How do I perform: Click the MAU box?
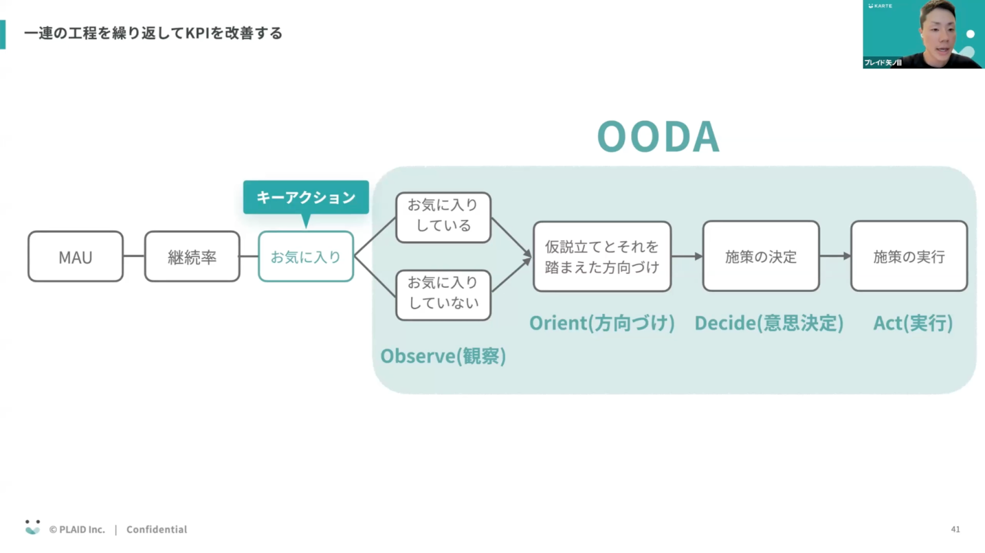(75, 257)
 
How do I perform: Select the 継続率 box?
(192, 257)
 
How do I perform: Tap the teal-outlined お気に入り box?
(305, 257)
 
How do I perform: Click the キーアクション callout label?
(306, 197)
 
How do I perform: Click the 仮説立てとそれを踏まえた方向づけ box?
(601, 256)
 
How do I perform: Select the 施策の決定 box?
(761, 256)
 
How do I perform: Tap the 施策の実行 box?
(909, 256)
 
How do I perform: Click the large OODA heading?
(658, 136)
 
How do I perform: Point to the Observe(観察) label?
(443, 356)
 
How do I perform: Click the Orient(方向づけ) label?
(601, 323)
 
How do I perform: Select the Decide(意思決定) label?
(768, 323)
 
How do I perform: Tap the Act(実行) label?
(912, 323)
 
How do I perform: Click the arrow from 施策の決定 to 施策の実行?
(835, 256)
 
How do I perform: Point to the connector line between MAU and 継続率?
(134, 256)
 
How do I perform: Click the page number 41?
(955, 529)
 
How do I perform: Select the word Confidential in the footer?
(156, 529)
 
